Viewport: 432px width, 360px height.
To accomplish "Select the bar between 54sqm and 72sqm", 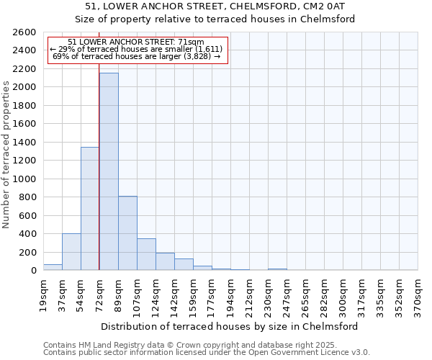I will coord(90,209).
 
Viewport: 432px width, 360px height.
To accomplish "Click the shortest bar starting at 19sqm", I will coord(53,267).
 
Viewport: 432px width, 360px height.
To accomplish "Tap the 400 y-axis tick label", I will coord(29,234).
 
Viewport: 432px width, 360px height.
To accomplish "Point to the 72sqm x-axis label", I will coord(99,294).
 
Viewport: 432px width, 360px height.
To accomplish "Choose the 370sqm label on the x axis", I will coord(418,294).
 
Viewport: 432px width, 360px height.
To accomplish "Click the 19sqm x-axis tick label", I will coord(43,294).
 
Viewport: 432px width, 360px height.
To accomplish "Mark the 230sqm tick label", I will coord(268,296).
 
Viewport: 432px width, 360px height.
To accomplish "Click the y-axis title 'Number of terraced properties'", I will coord(6,155).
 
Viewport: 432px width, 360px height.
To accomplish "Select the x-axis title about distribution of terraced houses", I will coord(230,326).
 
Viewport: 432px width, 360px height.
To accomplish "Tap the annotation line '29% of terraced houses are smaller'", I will coord(137,49).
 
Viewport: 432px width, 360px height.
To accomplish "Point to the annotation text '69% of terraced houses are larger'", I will coord(137,56).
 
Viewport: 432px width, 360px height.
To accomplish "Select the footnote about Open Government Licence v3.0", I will coord(207,353).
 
